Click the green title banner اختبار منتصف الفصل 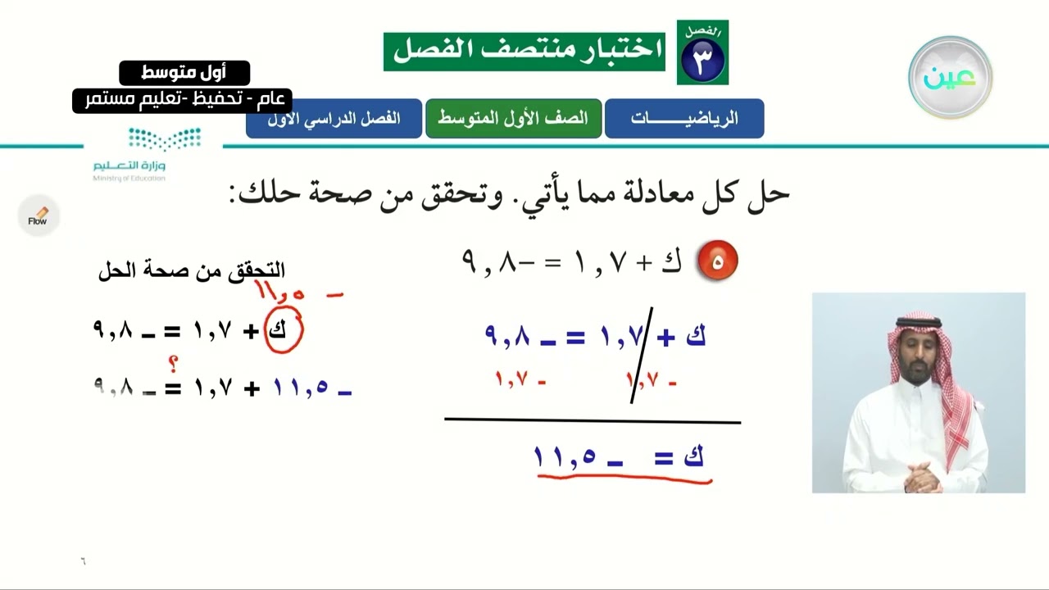(x=524, y=51)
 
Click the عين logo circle (x=950, y=78)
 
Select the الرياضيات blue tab (x=684, y=118)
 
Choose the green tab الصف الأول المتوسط (x=513, y=118)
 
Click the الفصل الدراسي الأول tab (x=334, y=118)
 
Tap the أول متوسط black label (x=184, y=73)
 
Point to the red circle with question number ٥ (x=717, y=261)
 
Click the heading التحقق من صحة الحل (x=192, y=270)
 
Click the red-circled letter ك (x=284, y=331)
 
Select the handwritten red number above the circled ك (x=280, y=292)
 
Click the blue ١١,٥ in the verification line (x=302, y=388)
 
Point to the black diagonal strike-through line (x=641, y=356)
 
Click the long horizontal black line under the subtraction (x=592, y=421)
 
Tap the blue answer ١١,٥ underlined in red (x=565, y=457)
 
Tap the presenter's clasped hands (x=920, y=473)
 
